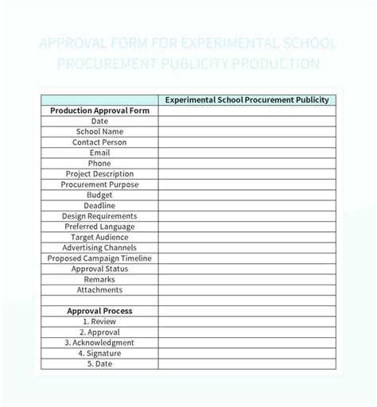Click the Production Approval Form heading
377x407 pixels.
click(99, 110)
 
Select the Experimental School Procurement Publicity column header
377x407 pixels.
click(247, 100)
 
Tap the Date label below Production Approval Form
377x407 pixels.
click(99, 121)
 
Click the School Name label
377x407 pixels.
click(99, 131)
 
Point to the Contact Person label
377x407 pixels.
click(99, 142)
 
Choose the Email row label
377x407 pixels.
click(99, 153)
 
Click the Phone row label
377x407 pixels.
click(99, 163)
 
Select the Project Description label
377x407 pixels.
click(99, 173)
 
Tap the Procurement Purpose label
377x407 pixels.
click(99, 184)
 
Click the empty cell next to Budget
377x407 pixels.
click(247, 195)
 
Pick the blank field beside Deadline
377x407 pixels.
click(247, 205)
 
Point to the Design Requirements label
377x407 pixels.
click(99, 215)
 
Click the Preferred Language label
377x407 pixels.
click(99, 227)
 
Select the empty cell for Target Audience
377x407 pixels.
click(247, 237)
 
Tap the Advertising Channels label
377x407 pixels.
click(99, 247)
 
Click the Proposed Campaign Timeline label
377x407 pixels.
click(99, 258)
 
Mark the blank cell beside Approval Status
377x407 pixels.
click(247, 269)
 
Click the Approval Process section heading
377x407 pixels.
click(99, 311)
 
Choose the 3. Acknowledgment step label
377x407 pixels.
click(99, 343)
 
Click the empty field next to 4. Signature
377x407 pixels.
click(247, 353)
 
